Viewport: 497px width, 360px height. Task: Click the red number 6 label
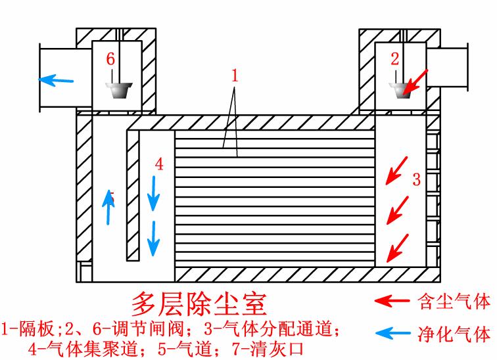click(110, 59)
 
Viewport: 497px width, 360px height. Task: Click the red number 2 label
click(394, 59)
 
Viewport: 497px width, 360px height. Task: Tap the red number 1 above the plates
click(235, 76)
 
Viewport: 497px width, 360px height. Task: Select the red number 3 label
click(415, 178)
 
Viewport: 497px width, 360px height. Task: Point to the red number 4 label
click(159, 165)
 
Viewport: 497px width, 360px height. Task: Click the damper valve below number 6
click(119, 89)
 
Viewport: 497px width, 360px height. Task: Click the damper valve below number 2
click(400, 89)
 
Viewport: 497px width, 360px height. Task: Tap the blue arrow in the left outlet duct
click(56, 81)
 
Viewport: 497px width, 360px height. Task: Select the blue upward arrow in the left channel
click(109, 206)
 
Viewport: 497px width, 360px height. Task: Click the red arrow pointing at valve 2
click(417, 81)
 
